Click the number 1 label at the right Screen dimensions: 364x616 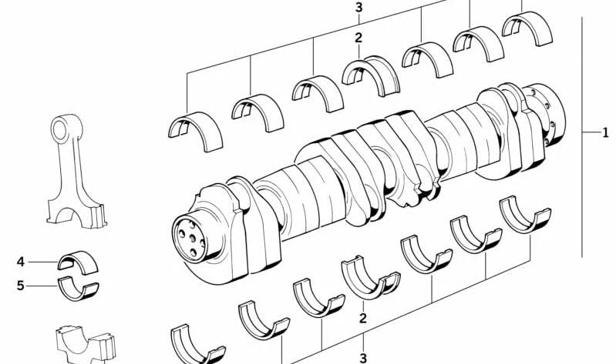606,133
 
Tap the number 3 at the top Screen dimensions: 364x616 358,8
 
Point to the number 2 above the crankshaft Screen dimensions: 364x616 358,38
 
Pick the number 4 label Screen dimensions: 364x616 22,262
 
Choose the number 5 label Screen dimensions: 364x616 22,286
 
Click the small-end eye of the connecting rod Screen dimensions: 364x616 62,126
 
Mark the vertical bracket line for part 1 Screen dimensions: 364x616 582,139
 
